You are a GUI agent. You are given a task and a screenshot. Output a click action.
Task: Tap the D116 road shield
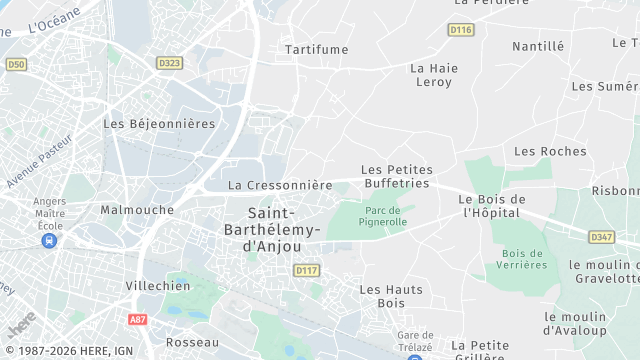pyautogui.click(x=460, y=30)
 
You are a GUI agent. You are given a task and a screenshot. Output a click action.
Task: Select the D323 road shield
pyautogui.click(x=170, y=62)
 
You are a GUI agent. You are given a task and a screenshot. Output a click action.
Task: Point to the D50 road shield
pyautogui.click(x=15, y=64)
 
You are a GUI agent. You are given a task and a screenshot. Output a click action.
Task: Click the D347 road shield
pyautogui.click(x=602, y=237)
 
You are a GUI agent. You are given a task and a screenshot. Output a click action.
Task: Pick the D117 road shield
pyautogui.click(x=306, y=270)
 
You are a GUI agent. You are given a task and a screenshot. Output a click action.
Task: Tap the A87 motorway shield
pyautogui.click(x=138, y=319)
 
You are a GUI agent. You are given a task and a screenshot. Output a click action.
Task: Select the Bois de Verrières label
pyautogui.click(x=524, y=259)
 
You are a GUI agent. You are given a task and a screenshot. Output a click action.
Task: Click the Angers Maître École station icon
pyautogui.click(x=49, y=241)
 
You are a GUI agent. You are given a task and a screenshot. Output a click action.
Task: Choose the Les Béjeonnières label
pyautogui.click(x=159, y=124)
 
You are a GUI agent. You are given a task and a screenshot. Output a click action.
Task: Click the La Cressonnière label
pyautogui.click(x=280, y=185)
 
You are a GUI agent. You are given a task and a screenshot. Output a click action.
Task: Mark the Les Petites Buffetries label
pyautogui.click(x=395, y=177)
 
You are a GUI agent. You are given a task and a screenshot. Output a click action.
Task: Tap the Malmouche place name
pyautogui.click(x=137, y=210)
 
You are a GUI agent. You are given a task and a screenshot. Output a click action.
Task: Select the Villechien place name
pyautogui.click(x=158, y=285)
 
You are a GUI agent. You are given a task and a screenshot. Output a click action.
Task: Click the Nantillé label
pyautogui.click(x=538, y=46)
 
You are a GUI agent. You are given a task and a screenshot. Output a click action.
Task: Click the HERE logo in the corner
pyautogui.click(x=20, y=325)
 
